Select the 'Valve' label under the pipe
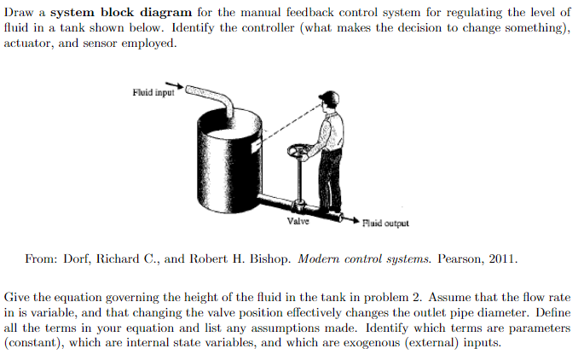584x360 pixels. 298,219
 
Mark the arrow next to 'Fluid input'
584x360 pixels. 174,85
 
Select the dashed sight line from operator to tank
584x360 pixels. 281,119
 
